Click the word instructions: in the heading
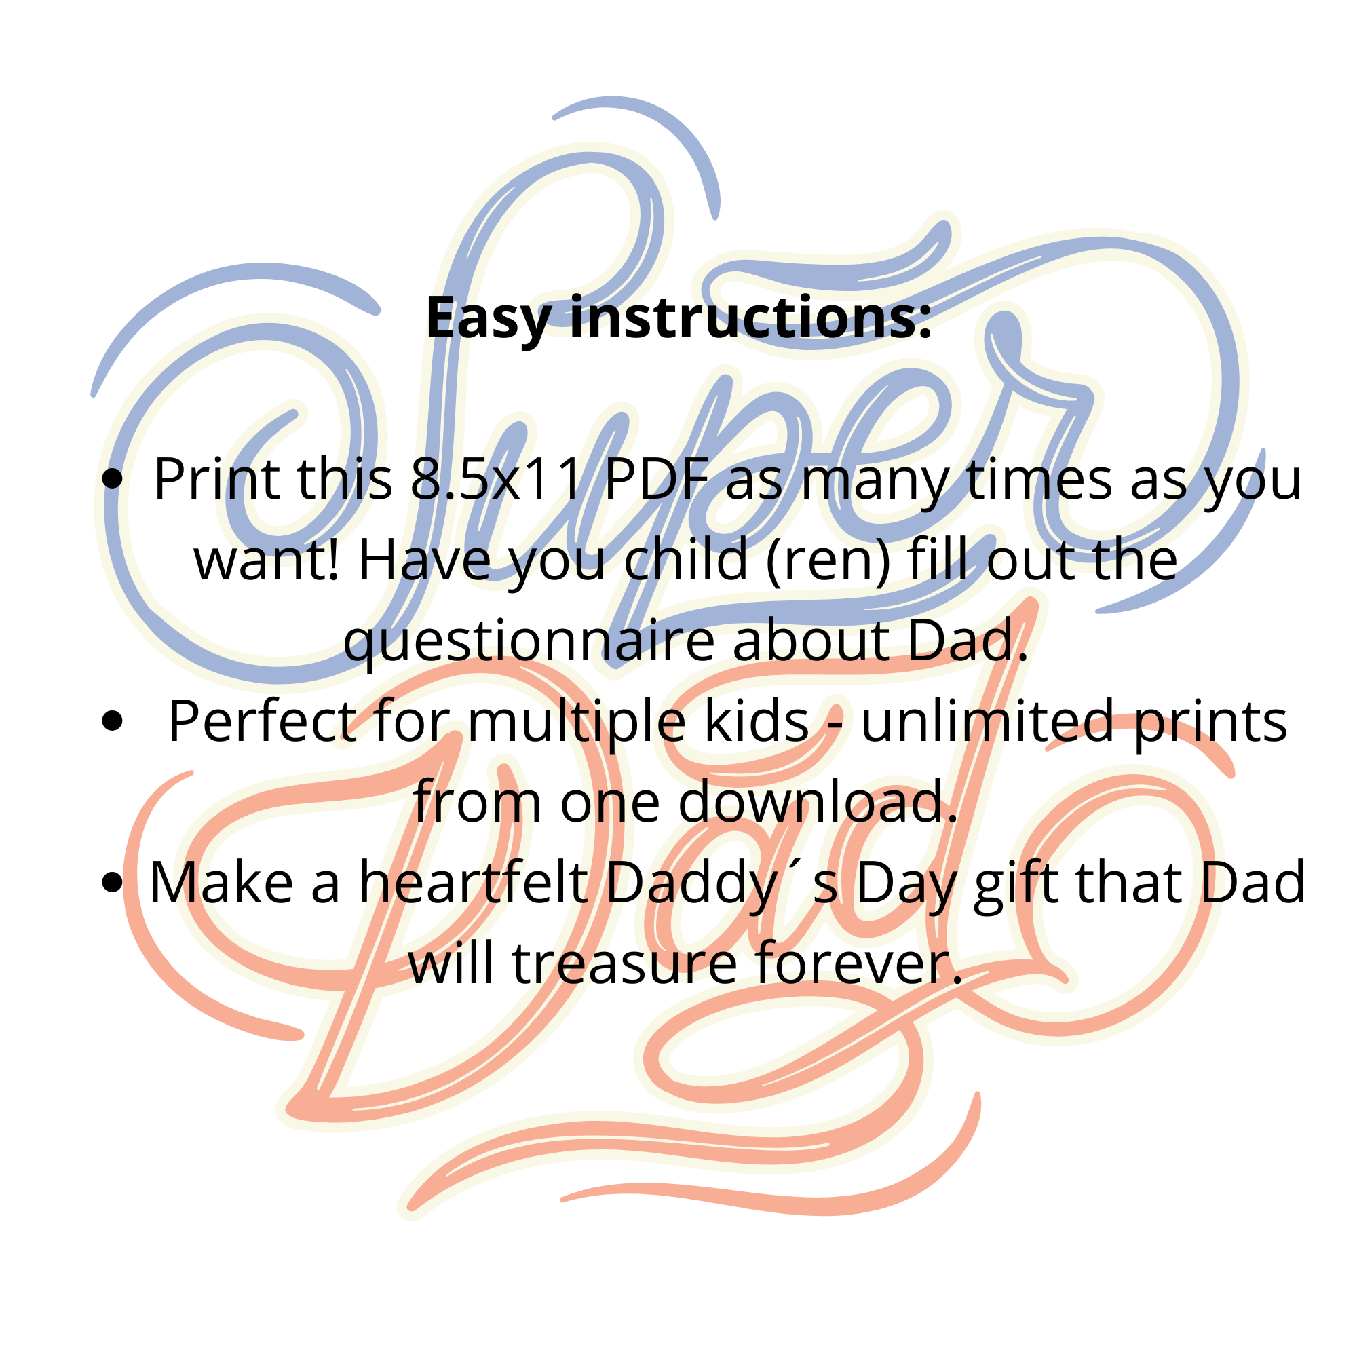tap(750, 318)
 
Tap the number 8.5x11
tap(497, 479)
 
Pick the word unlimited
tap(987, 721)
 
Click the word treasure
tap(625, 963)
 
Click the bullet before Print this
tap(113, 480)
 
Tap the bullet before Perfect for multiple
tap(113, 721)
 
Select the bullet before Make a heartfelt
tap(113, 883)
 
